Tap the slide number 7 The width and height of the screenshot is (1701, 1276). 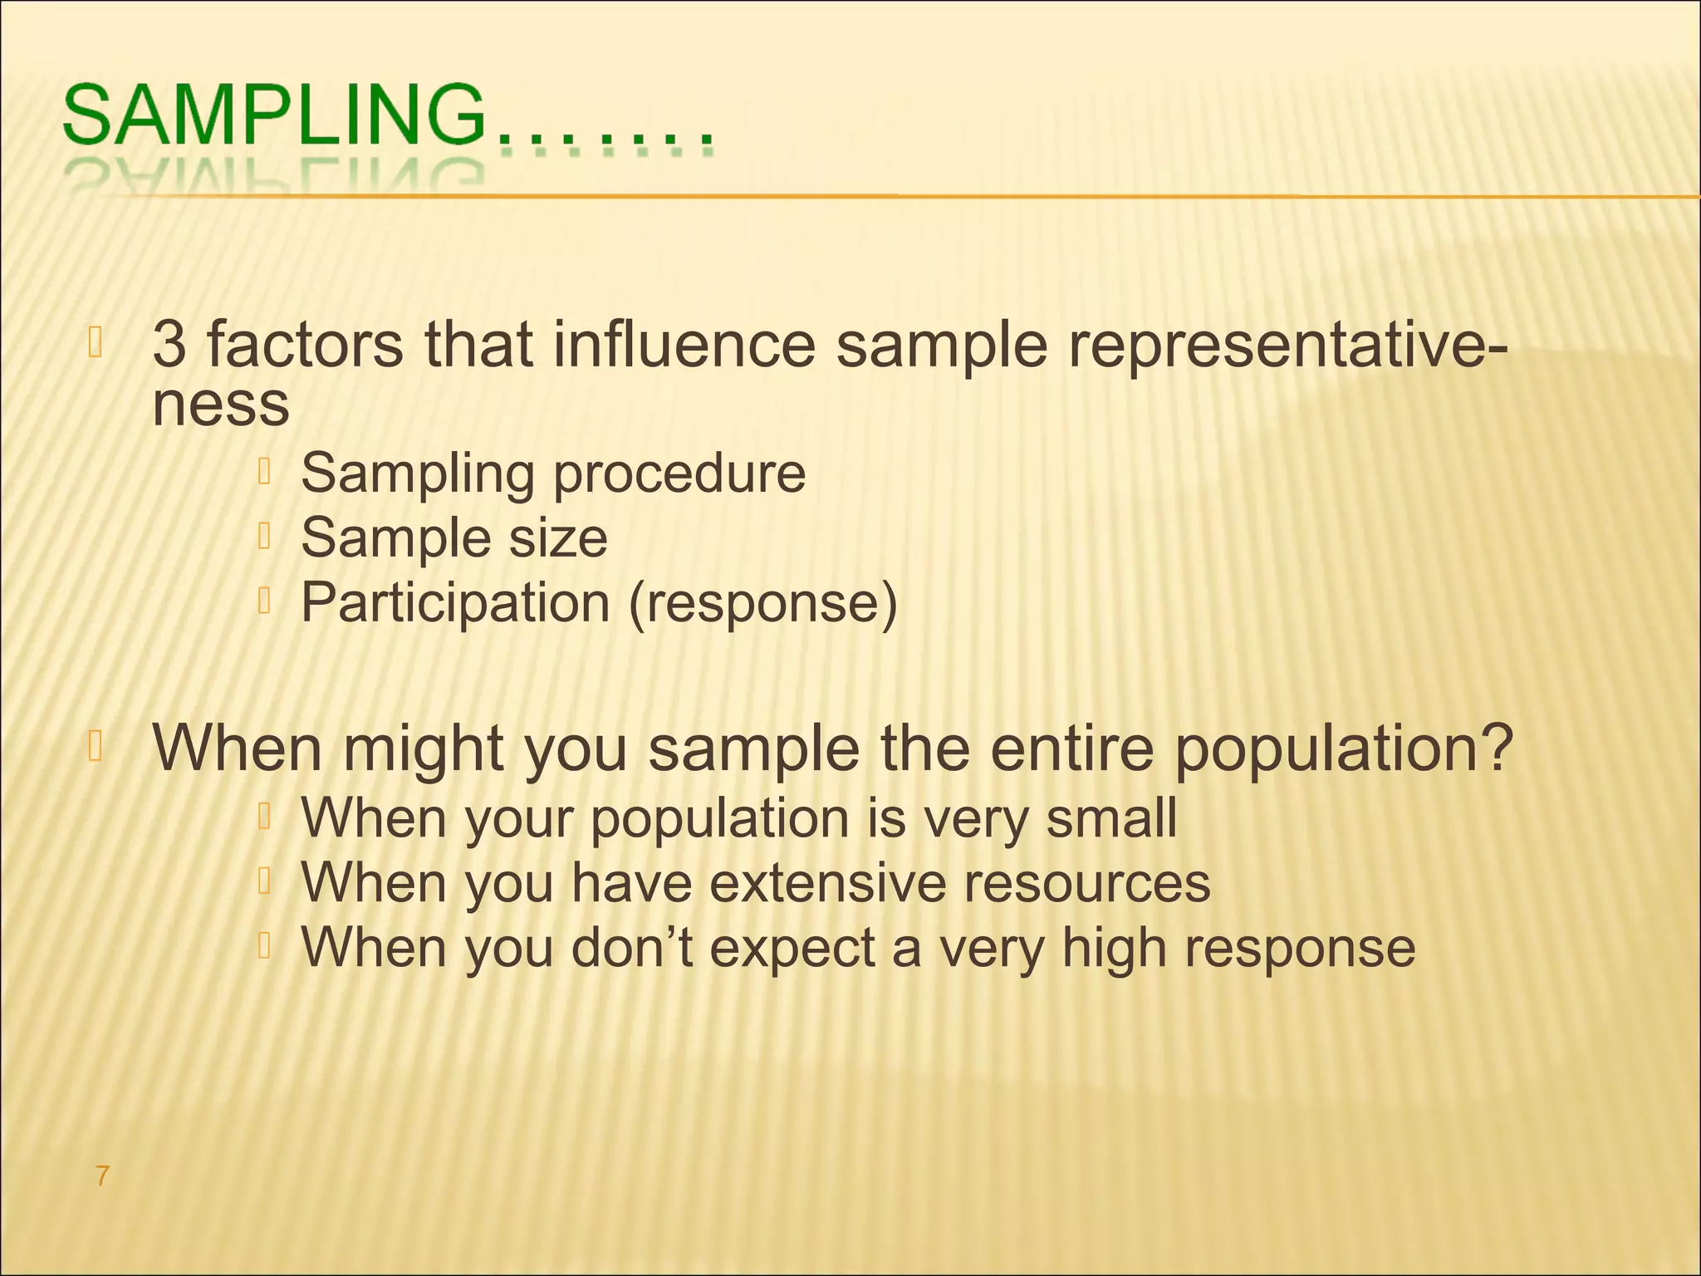tap(102, 1175)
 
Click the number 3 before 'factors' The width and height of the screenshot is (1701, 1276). tap(169, 344)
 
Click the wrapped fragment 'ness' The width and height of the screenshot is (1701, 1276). tap(221, 405)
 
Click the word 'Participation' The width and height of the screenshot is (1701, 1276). tap(455, 602)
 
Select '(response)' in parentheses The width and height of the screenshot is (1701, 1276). tap(762, 602)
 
